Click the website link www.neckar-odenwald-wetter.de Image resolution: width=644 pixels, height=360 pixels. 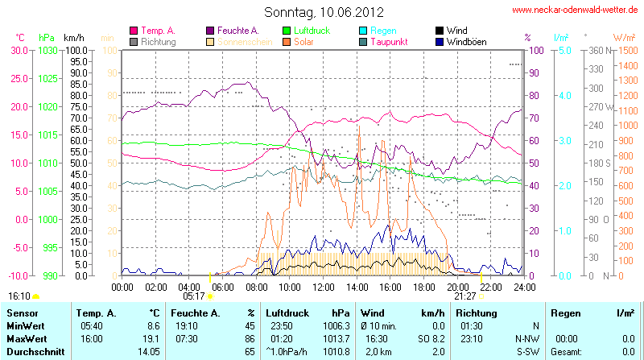point(576,10)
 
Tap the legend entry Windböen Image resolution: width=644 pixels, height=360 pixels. point(466,41)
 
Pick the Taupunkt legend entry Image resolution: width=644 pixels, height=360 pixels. point(389,41)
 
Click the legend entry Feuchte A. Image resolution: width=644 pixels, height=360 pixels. point(237,31)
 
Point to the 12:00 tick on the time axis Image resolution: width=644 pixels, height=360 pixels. point(324,287)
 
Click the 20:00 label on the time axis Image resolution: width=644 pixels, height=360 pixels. point(457,287)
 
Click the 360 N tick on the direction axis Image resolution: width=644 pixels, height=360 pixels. point(600,50)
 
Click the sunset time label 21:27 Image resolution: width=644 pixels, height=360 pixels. point(464,296)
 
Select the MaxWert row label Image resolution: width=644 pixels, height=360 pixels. point(25,339)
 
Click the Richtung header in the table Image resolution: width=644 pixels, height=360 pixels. point(476,312)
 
